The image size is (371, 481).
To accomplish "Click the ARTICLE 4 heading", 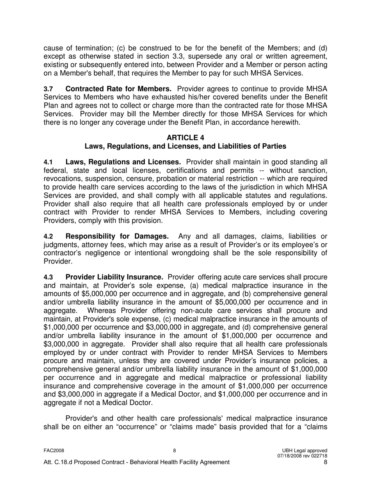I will coord(185,138).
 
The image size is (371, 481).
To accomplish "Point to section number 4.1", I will coord(48,162).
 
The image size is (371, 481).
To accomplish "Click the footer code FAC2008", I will coord(54,450).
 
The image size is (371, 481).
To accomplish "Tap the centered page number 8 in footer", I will coord(175,450).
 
